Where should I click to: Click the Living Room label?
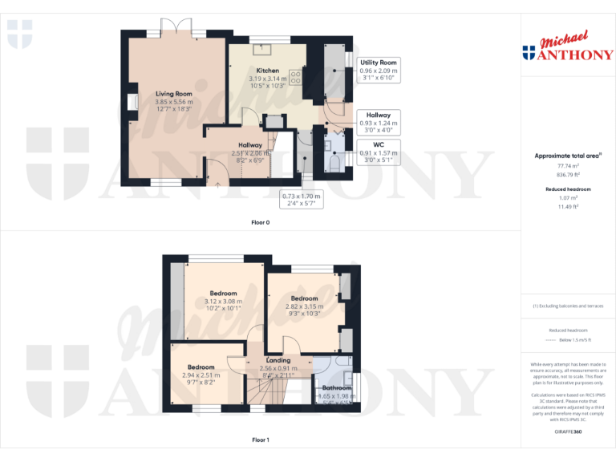tap(174, 94)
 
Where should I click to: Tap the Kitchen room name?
tap(267, 71)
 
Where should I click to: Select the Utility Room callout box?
tap(379, 71)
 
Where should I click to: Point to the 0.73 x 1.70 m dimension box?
tap(302, 200)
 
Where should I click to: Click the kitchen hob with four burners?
tap(294, 79)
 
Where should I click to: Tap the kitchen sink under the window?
tap(261, 47)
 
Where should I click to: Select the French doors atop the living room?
tap(176, 30)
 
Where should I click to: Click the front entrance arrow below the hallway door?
tap(217, 184)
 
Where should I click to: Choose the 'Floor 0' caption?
tap(261, 221)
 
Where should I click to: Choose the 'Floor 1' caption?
tap(261, 440)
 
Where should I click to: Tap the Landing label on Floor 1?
tap(278, 361)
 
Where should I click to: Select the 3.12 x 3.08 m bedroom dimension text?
tap(223, 301)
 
